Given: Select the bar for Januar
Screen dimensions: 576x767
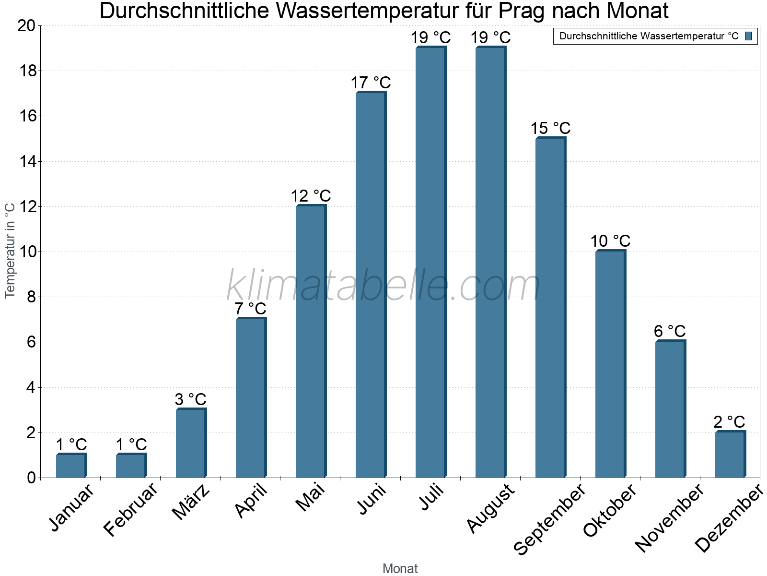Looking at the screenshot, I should point(71,466).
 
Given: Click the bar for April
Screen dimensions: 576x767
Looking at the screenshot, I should point(251,398).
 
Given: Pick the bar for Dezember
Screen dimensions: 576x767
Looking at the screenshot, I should point(730,455).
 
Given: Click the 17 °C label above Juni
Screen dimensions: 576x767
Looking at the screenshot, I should point(371,83).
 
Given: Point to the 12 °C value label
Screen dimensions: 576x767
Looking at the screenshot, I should point(311,196).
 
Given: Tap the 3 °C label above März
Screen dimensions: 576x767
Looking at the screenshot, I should point(190,399).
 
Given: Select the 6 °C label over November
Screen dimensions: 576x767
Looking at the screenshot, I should point(670,331).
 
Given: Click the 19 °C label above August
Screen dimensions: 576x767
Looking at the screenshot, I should point(490,37).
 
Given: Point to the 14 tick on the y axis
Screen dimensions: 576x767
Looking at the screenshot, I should point(27,161).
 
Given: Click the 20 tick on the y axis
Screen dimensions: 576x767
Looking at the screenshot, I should point(27,26).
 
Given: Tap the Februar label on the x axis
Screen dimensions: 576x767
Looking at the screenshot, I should point(130,509).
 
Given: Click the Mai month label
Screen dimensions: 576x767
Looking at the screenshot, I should point(311,497).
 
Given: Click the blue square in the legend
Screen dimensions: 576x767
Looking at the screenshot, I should point(748,36).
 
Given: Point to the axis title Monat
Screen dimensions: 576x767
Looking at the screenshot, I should point(400,568).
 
